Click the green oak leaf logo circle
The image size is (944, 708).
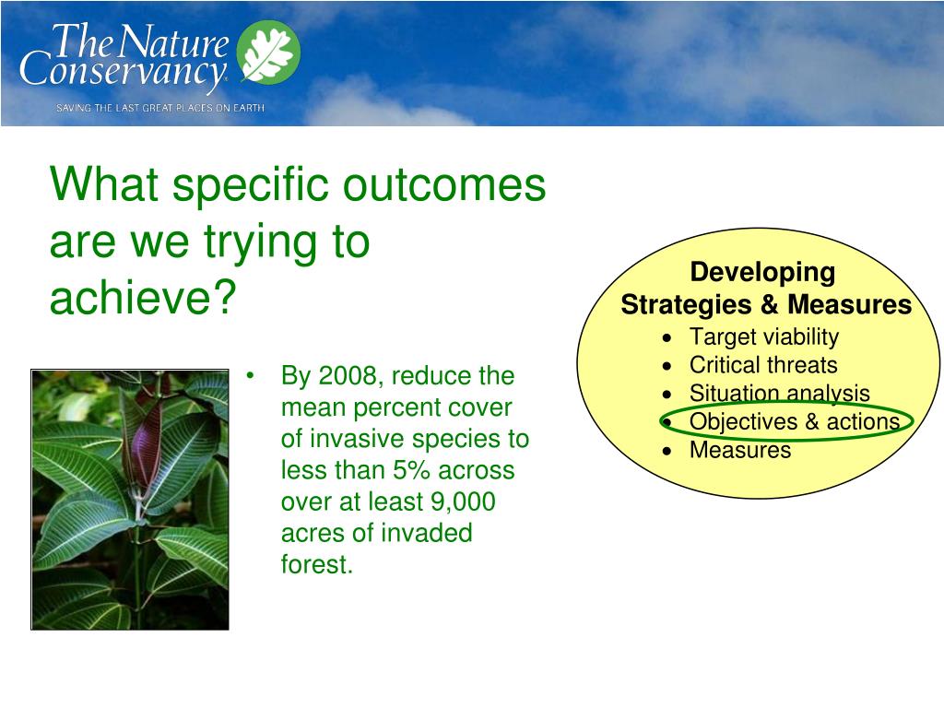pyautogui.click(x=268, y=53)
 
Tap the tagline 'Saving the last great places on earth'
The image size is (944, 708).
pyautogui.click(x=160, y=108)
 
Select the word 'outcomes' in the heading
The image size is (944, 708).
pyautogui.click(x=444, y=183)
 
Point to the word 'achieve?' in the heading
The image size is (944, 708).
pyautogui.click(x=142, y=298)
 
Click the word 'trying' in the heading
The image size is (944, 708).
pyautogui.click(x=260, y=243)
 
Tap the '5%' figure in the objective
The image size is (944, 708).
pyautogui.click(x=412, y=469)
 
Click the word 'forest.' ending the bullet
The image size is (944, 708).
pyautogui.click(x=317, y=564)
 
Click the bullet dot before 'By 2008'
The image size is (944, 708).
pyautogui.click(x=251, y=376)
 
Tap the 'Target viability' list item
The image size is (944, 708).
pyautogui.click(x=764, y=337)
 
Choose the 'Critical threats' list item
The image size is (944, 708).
pyautogui.click(x=763, y=365)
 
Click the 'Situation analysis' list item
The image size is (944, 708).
pyautogui.click(x=780, y=393)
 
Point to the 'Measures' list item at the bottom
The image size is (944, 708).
pyautogui.click(x=740, y=450)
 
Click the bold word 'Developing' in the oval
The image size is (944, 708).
pyautogui.click(x=762, y=273)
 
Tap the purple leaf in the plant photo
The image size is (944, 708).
pyautogui.click(x=145, y=445)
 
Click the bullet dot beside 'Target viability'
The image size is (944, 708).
pyautogui.click(x=667, y=338)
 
